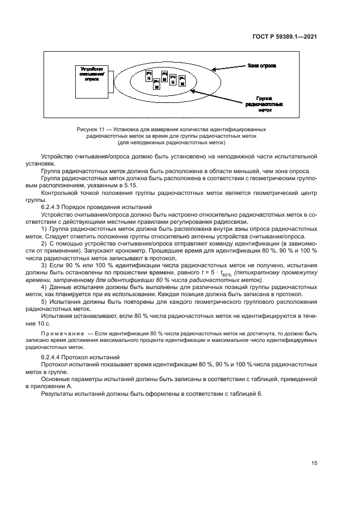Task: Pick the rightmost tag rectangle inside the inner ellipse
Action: [x=182, y=82]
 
